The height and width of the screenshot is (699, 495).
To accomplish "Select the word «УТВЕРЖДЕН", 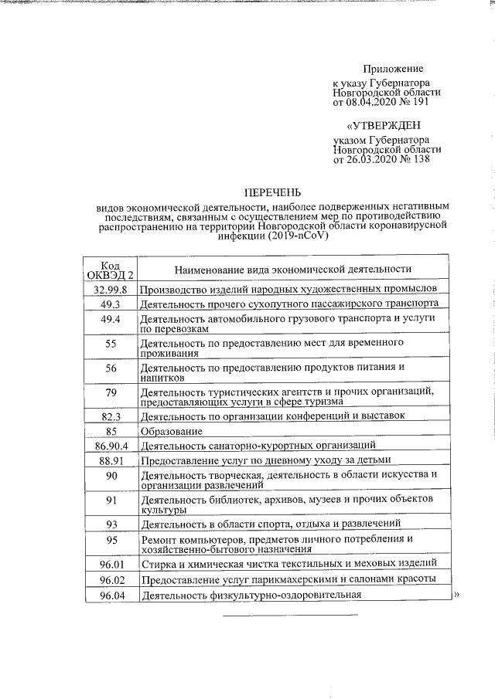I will [384, 126].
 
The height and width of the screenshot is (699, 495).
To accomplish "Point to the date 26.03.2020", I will [369, 159].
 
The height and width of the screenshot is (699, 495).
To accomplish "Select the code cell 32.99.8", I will [111, 289].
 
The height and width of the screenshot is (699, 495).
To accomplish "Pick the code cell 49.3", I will [111, 304].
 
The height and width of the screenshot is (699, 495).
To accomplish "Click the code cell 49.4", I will [111, 319].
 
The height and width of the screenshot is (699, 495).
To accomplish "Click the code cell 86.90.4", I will [111, 445].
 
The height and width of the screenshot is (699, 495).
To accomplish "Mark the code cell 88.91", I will [111, 460].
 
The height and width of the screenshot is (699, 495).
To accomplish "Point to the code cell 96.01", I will [111, 563].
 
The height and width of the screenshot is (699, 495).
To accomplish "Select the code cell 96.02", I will [111, 579].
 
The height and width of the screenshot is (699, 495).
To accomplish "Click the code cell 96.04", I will [111, 595].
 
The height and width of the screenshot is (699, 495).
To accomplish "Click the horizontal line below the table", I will [291, 616].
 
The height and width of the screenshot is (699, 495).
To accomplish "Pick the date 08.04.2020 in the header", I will [369, 101].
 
